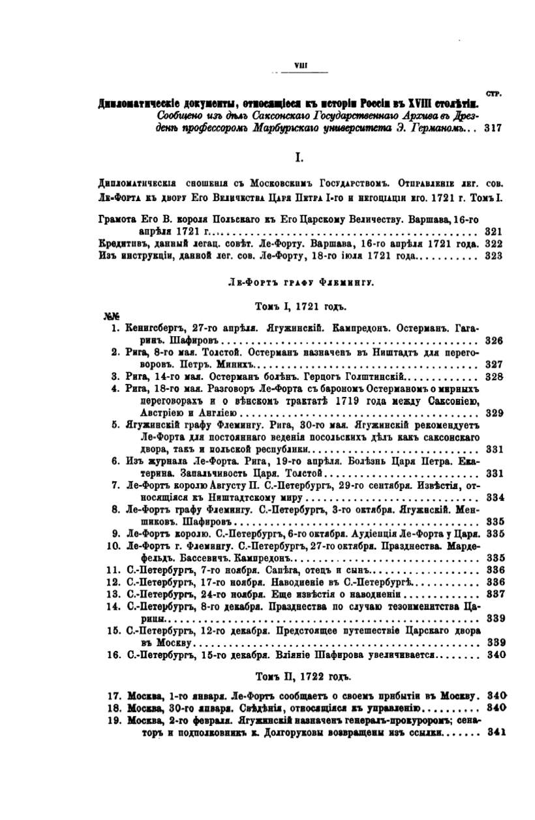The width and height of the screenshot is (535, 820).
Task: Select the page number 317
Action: (x=493, y=129)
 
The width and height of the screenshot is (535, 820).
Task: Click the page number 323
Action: (x=494, y=256)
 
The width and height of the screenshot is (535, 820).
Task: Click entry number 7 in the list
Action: (x=114, y=485)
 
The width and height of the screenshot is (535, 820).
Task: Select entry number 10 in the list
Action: (x=112, y=545)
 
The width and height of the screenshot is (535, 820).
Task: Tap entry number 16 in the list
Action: (x=112, y=655)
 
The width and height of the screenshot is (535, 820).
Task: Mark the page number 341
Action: (x=497, y=732)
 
